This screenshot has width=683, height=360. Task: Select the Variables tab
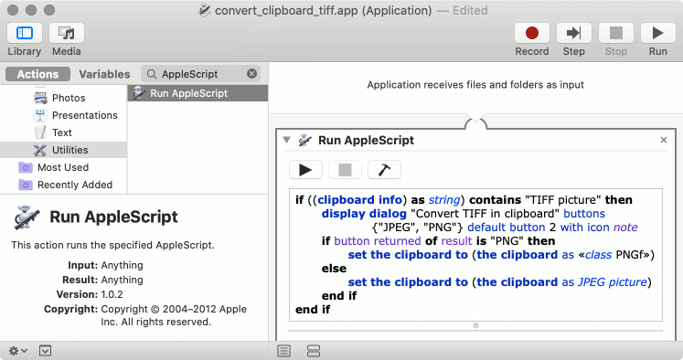[104, 74]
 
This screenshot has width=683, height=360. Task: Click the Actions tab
[37, 74]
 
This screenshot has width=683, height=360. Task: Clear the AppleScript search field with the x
[252, 74]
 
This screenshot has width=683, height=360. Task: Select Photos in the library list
[69, 98]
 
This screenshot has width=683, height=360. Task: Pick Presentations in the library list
[84, 115]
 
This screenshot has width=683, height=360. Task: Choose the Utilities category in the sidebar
[70, 150]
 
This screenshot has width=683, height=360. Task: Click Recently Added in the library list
[75, 185]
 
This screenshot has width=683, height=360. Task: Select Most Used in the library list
[63, 167]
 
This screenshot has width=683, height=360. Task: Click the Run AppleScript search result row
[188, 93]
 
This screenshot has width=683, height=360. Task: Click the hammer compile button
[384, 169]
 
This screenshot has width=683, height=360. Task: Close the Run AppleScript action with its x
[664, 141]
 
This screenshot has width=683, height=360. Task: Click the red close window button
[12, 10]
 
